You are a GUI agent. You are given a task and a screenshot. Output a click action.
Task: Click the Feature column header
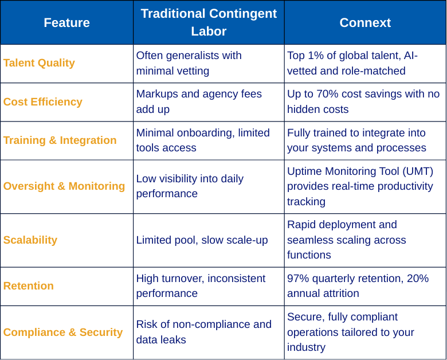tap(66, 22)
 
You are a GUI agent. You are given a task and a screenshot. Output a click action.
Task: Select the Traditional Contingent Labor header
tap(209, 22)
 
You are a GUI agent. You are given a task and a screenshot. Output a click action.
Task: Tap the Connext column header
tap(365, 22)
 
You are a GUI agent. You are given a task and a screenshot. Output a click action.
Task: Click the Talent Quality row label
tap(39, 63)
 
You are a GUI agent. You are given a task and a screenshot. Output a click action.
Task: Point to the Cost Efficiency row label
tap(43, 102)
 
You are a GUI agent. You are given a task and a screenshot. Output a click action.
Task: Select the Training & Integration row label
tap(60, 140)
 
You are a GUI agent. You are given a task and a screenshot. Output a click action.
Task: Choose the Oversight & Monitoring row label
tap(64, 186)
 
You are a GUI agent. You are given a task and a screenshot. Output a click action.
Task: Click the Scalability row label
tap(30, 240)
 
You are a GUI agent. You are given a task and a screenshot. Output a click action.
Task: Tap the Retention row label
tap(29, 286)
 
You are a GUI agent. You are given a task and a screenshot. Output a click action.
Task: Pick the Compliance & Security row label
tap(63, 332)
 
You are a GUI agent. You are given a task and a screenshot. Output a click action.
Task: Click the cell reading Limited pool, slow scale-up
tap(202, 240)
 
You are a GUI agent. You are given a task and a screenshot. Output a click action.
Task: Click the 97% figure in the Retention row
tap(298, 279)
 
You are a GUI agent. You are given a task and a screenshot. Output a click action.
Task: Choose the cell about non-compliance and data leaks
tap(204, 332)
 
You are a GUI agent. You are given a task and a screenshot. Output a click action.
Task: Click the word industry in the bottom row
tap(306, 347)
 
